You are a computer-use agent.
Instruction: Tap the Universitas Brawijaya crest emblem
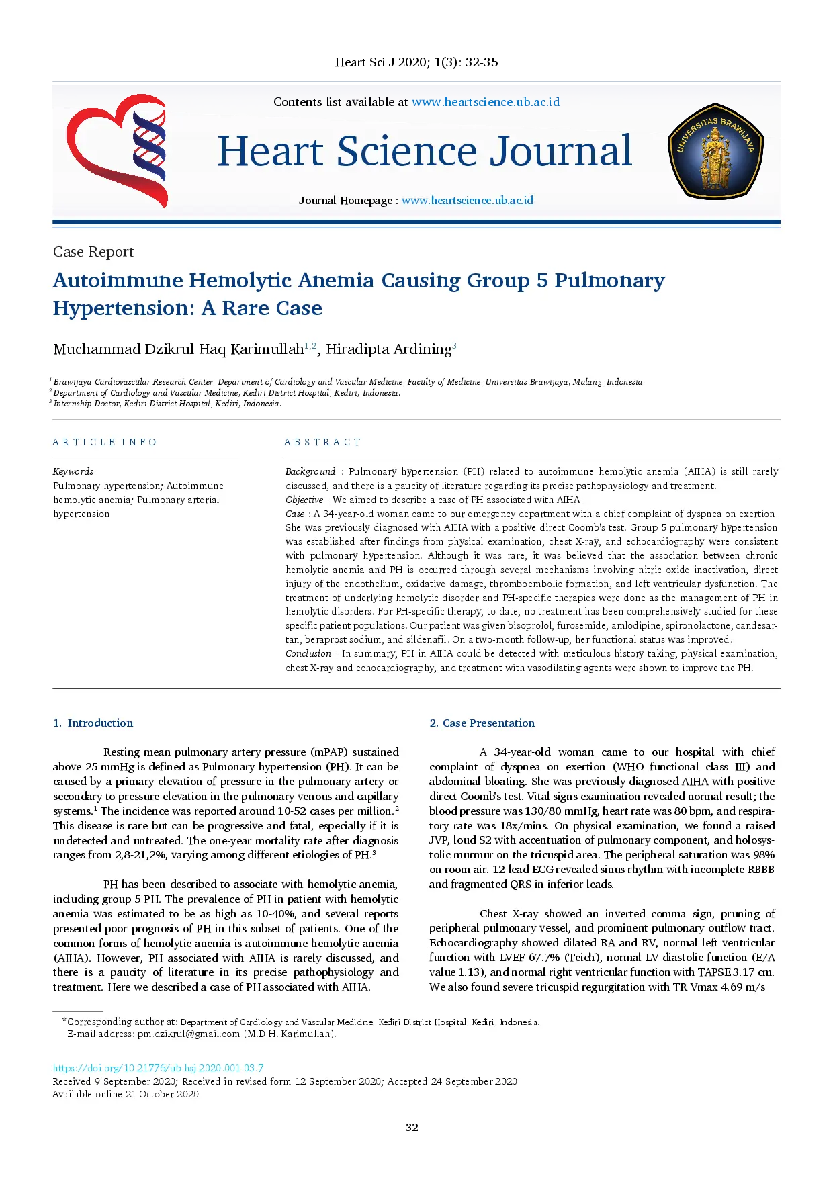click(x=715, y=151)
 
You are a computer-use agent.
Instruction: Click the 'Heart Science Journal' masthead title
click(x=425, y=151)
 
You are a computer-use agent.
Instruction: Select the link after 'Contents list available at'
click(x=485, y=102)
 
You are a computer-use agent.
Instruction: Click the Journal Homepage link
click(x=468, y=200)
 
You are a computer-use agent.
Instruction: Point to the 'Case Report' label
click(x=93, y=252)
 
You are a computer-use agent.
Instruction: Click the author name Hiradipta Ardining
click(x=388, y=349)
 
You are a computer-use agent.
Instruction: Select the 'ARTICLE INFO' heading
click(x=105, y=442)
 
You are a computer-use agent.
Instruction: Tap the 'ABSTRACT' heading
click(x=322, y=442)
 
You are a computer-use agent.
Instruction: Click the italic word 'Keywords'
click(x=73, y=471)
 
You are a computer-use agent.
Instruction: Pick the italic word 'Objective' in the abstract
click(x=304, y=500)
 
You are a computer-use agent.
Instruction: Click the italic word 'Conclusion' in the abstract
click(x=308, y=653)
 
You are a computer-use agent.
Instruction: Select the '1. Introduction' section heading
click(x=93, y=723)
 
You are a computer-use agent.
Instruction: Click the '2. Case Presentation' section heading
click(x=482, y=723)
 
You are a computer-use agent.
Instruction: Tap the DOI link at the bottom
click(x=158, y=1068)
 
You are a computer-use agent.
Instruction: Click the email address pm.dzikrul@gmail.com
click(x=188, y=1034)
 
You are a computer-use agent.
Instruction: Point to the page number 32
click(x=412, y=1127)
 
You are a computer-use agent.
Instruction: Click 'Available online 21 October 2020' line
click(x=126, y=1094)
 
